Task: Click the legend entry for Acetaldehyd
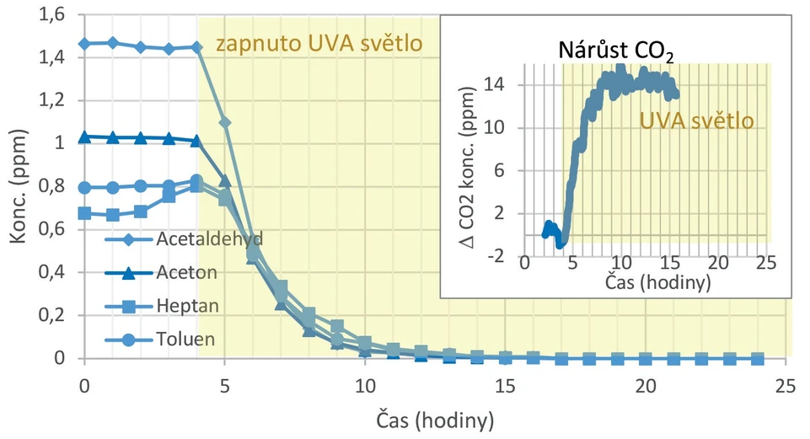click(x=209, y=238)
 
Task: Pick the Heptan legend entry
click(x=187, y=306)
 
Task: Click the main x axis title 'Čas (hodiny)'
click(x=434, y=418)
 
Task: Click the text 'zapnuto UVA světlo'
click(x=319, y=44)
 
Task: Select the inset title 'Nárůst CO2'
click(x=616, y=51)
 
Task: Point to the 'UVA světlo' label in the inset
click(x=695, y=120)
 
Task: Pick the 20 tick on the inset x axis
click(x=718, y=264)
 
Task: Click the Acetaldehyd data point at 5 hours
click(x=225, y=123)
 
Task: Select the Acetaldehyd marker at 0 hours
click(x=84, y=43)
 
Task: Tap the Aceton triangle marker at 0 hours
click(x=84, y=137)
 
